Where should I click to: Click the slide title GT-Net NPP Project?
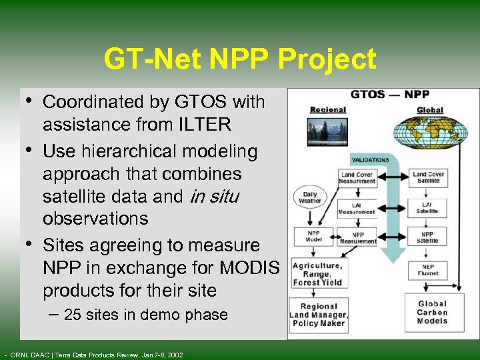coord(240,60)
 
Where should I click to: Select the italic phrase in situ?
coord(214,196)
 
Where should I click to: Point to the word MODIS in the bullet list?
coord(249,268)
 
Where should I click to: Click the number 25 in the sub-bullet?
coord(73,315)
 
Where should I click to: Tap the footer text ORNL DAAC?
coord(31,354)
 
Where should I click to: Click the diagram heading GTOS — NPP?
coord(390,95)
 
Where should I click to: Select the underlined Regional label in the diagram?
coord(327,110)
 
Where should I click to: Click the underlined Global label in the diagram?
coord(430,110)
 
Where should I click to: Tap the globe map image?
coord(431,133)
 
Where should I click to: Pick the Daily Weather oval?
coord(310,197)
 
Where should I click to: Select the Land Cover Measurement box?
coord(357,178)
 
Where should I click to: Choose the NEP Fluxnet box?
coord(429,269)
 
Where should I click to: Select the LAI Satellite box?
coord(429,207)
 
